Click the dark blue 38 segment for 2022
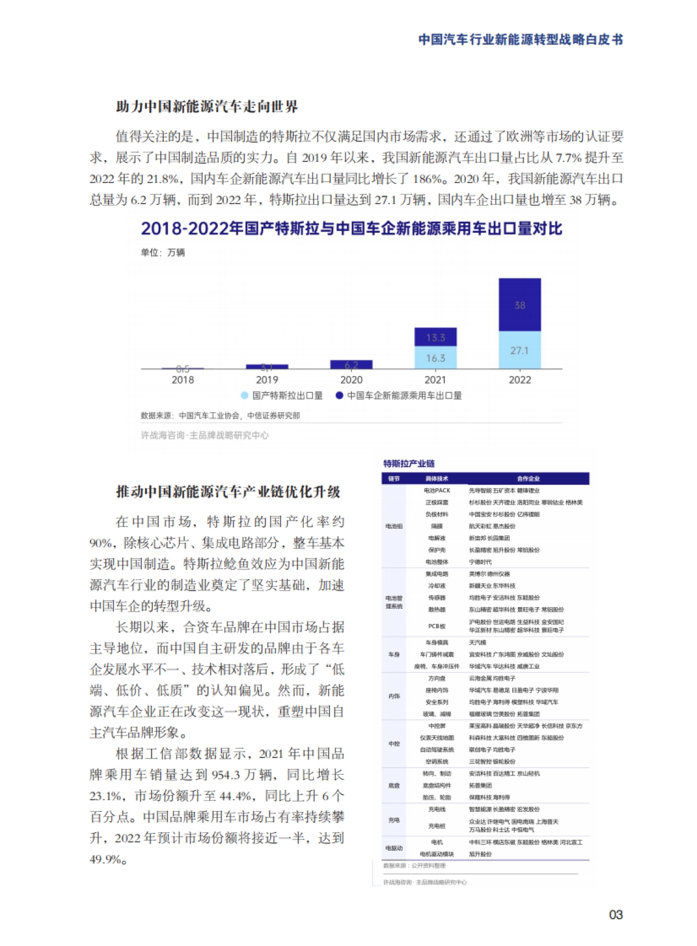(519, 305)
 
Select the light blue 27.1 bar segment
(519, 351)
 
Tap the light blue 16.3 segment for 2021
(435, 358)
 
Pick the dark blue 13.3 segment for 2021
(435, 337)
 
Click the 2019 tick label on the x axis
(267, 380)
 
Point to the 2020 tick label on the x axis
(351, 380)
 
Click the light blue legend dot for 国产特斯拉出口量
(245, 396)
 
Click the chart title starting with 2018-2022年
(351, 229)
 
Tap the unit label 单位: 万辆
(163, 252)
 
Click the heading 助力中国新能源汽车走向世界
(207, 107)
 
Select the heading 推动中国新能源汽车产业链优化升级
(228, 492)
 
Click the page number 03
(616, 915)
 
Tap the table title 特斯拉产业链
(408, 463)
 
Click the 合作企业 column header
(528, 479)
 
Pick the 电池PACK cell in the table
(437, 491)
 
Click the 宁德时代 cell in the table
(480, 562)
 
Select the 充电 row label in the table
(394, 820)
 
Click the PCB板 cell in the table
(437, 626)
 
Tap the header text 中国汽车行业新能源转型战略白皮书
(520, 39)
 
